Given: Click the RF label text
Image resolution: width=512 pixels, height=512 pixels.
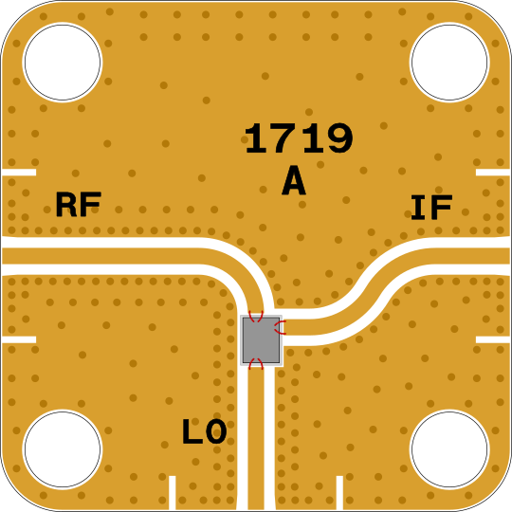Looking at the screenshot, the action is point(79,205).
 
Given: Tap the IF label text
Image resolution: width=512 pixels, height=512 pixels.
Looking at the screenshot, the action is point(431,207).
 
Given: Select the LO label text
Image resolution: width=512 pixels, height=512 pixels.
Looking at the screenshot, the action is point(205,431).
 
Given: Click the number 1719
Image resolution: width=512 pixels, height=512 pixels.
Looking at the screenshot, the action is point(299,138).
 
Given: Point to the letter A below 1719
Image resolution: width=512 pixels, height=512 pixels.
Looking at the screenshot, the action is point(294,180).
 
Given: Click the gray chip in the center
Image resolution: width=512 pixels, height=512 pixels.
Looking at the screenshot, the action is point(261,340).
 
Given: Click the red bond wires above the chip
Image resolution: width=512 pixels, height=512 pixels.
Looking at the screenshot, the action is point(256,316).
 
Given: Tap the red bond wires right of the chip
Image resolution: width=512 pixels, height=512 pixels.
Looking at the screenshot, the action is point(280,327).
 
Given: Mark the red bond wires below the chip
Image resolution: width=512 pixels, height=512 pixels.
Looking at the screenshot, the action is point(256,363).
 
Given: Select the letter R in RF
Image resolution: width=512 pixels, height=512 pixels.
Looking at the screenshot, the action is point(66,205).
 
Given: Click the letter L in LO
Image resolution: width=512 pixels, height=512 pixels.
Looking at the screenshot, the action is point(192,431).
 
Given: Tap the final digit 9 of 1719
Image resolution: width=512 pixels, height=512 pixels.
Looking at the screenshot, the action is point(340,138).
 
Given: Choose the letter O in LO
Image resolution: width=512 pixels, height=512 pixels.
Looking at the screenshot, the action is point(216,431).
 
